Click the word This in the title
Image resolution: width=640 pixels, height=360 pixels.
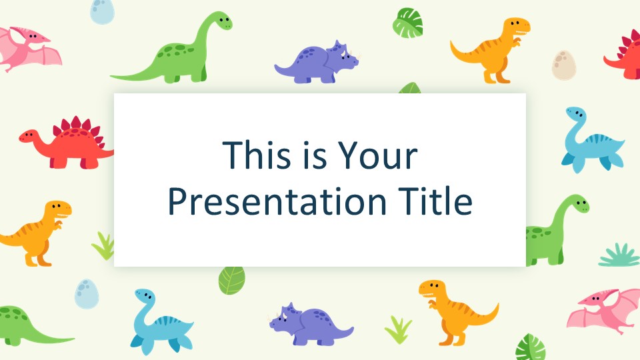click(256, 155)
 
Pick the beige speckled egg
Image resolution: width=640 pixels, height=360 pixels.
click(564, 65)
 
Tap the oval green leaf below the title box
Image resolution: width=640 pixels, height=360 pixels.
click(231, 281)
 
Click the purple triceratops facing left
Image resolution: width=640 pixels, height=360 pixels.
click(311, 324)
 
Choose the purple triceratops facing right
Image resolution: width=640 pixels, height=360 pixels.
click(317, 62)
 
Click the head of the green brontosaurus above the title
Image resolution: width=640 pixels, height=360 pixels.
click(223, 21)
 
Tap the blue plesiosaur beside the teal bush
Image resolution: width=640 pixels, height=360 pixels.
click(593, 139)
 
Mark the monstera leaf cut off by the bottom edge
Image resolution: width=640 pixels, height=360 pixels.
click(530, 348)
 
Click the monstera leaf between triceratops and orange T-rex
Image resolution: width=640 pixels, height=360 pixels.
click(407, 23)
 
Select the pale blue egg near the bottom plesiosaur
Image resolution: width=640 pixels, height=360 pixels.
click(87, 294)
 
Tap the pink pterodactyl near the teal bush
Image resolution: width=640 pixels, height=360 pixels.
click(603, 310)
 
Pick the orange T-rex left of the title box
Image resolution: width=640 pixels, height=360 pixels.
click(36, 233)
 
